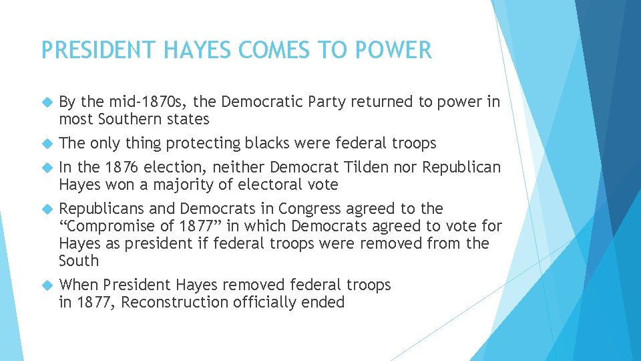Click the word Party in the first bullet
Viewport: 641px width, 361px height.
point(328,102)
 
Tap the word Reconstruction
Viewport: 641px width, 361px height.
point(175,302)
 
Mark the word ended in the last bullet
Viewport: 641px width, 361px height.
point(324,302)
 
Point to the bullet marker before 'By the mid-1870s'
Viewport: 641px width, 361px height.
point(47,102)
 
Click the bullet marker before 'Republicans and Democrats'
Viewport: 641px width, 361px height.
point(47,209)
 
